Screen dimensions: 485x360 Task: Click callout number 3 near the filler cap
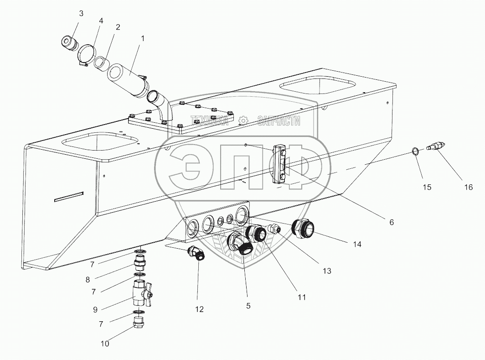click(81, 13)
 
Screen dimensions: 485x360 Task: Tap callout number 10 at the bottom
click(105, 344)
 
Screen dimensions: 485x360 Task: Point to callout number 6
click(391, 222)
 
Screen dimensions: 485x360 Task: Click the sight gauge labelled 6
click(279, 163)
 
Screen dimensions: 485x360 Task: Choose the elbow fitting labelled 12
click(197, 253)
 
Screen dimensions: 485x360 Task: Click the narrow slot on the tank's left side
click(69, 196)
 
